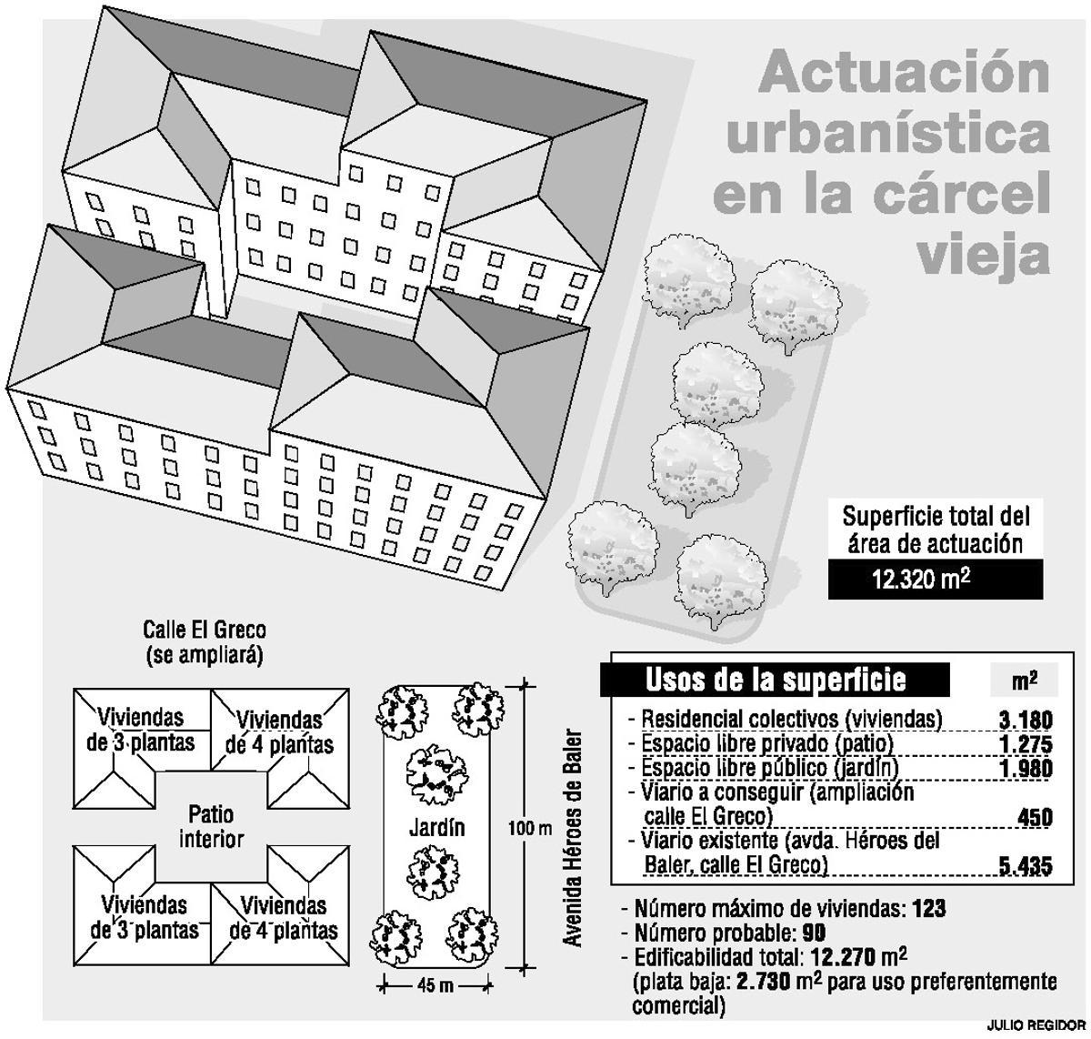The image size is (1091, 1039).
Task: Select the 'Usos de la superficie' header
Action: pos(775,680)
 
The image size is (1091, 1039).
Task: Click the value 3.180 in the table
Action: pos(1025,720)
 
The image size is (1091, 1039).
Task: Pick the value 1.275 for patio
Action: pos(1025,744)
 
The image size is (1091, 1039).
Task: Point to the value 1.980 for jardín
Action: pos(1025,769)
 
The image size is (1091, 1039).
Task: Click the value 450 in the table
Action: pos(1035,817)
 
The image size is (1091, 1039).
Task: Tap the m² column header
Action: pos(1025,681)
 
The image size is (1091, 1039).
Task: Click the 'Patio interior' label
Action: pos(211,825)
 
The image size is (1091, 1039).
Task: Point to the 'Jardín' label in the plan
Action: pos(436,827)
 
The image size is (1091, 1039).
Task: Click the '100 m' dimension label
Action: pos(529,828)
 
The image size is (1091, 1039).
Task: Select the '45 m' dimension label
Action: pos(435,985)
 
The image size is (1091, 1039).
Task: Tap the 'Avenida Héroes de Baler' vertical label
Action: pos(572,837)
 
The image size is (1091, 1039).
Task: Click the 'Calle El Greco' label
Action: pos(205,630)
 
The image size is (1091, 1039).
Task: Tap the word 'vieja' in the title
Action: pos(982,256)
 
